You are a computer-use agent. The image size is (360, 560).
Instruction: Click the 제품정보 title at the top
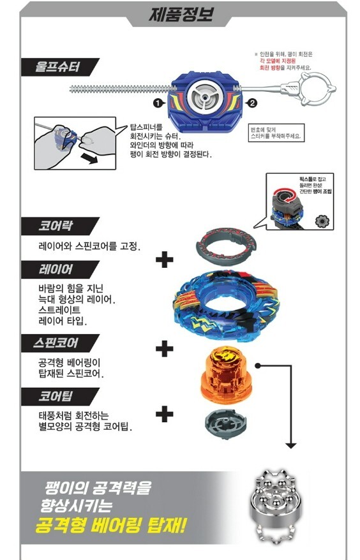(x=179, y=14)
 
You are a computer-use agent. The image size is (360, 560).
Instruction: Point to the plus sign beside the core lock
(x=165, y=260)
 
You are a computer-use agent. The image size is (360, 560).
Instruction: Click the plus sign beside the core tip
(x=165, y=414)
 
